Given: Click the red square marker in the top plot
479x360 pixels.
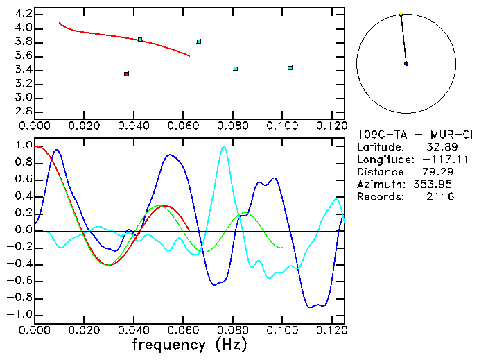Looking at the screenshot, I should (126, 74).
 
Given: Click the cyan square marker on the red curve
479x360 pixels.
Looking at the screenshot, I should (140, 40).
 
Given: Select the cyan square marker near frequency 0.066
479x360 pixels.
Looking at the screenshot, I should (199, 42).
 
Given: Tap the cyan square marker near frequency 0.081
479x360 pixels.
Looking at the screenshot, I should (236, 69).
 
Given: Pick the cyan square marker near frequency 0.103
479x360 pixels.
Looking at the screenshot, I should (290, 68).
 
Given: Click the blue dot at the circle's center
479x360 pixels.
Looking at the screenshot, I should (406, 64).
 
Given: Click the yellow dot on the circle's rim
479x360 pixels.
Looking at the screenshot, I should (401, 14).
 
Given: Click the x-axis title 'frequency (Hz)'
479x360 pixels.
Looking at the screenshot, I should (190, 344).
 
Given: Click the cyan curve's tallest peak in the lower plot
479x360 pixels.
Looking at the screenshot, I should (223, 146).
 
